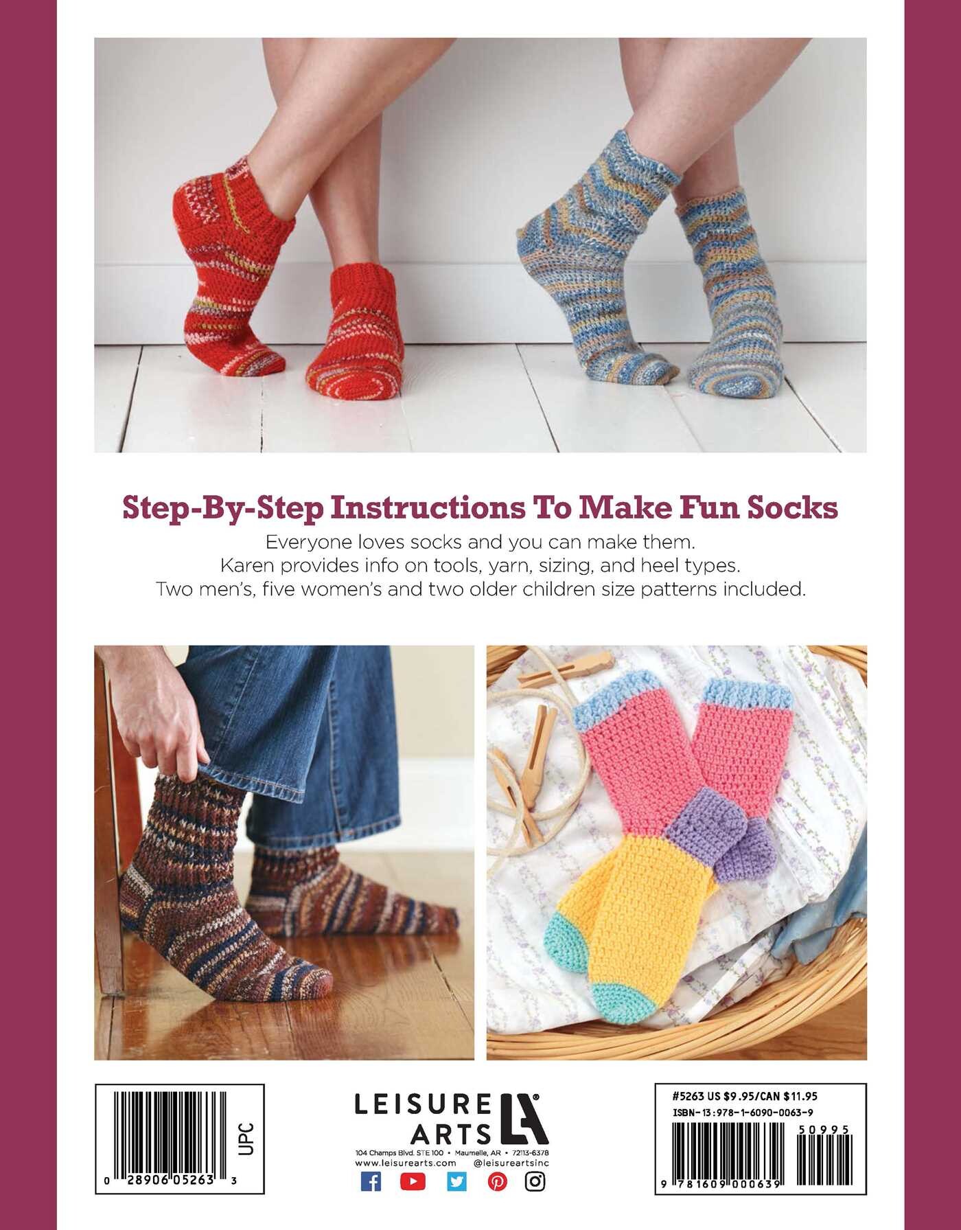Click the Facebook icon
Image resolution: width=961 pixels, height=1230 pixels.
371,1181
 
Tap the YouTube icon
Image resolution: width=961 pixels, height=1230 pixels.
413,1181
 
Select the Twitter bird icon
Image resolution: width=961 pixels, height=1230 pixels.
456,1181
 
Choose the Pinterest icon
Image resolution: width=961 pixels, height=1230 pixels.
498,1181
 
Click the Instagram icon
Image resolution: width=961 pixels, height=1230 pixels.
535,1181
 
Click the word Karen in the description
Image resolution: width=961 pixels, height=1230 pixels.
246,565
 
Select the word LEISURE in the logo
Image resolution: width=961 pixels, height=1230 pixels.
423,1104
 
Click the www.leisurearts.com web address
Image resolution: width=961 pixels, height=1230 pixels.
406,1163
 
